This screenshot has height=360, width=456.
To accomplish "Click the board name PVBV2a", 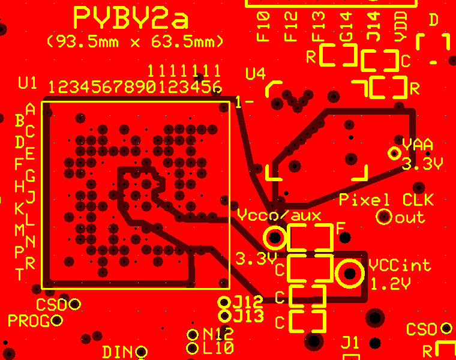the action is pyautogui.click(x=131, y=18).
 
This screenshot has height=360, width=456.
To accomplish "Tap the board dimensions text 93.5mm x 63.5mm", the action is pyautogui.click(x=135, y=41).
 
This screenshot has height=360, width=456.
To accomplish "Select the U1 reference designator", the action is pyautogui.click(x=28, y=83).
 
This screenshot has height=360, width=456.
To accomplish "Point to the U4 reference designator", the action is pyautogui.click(x=256, y=74).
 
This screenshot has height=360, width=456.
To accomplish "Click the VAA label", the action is pyautogui.click(x=418, y=145).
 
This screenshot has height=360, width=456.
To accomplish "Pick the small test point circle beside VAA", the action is pyautogui.click(x=394, y=153).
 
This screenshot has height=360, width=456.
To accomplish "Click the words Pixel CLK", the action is pyautogui.click(x=387, y=200).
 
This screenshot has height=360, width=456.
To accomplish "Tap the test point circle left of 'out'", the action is pyautogui.click(x=384, y=217).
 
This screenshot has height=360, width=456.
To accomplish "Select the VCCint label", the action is pyautogui.click(x=400, y=265).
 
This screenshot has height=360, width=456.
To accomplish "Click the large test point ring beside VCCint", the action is pyautogui.click(x=350, y=274).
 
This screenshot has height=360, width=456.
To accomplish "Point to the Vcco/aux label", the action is pyautogui.click(x=279, y=215).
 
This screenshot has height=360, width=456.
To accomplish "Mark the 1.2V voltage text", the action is pyautogui.click(x=391, y=284).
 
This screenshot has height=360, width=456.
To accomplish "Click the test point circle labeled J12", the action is pyautogui.click(x=224, y=302).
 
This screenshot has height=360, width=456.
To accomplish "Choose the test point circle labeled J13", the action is pyautogui.click(x=224, y=316).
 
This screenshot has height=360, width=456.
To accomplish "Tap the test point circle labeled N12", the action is pyautogui.click(x=192, y=335).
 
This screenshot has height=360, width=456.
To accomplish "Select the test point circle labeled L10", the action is pyautogui.click(x=192, y=348).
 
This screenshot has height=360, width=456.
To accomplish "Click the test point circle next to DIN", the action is pyautogui.click(x=142, y=352).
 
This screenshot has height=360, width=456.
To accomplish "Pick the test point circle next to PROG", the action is pyautogui.click(x=56, y=320).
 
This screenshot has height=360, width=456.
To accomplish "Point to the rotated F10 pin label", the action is pyautogui.click(x=263, y=27).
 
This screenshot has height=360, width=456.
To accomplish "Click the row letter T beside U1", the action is pyautogui.click(x=19, y=274).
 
